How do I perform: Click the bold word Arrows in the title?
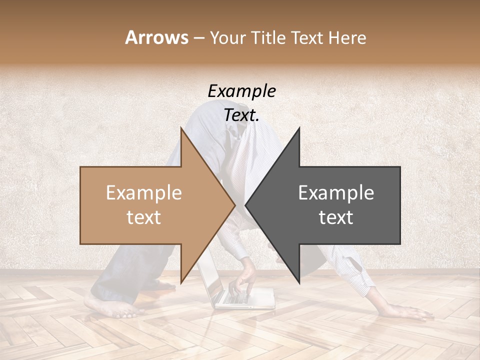click(x=156, y=37)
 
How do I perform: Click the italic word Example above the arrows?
click(x=242, y=91)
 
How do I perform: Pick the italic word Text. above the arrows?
click(x=242, y=115)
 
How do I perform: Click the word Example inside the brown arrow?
click(x=143, y=193)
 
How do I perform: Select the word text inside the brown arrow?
click(x=143, y=217)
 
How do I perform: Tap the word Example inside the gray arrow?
click(x=336, y=193)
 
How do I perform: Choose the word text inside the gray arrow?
click(x=336, y=217)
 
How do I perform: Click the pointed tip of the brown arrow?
click(x=234, y=205)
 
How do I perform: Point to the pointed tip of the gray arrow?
click(x=246, y=205)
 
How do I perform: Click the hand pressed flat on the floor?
click(x=407, y=313)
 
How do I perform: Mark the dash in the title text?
click(x=198, y=38)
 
